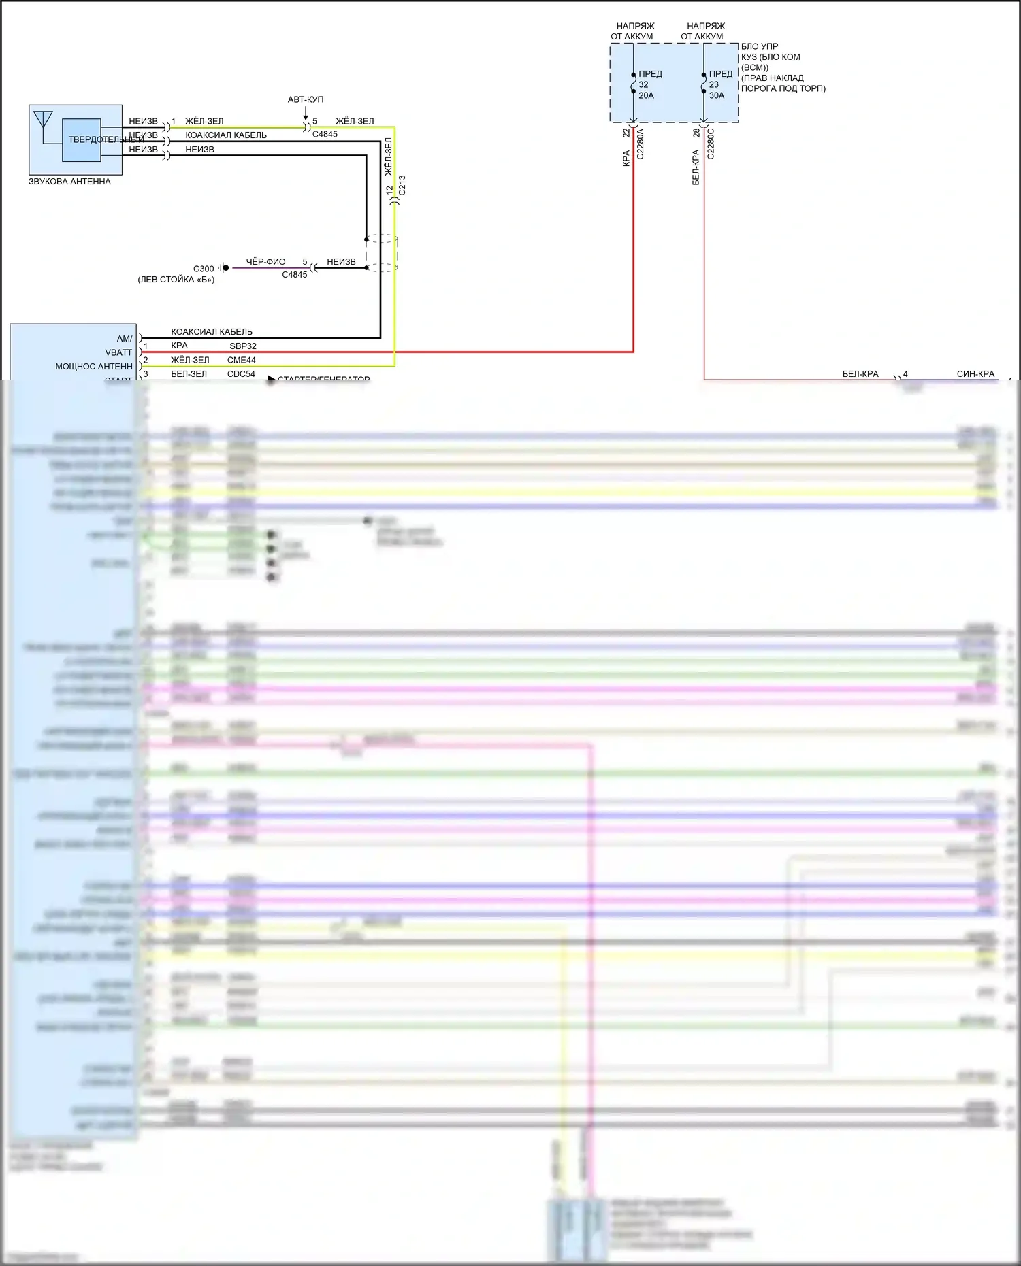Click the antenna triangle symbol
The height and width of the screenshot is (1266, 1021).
(43, 119)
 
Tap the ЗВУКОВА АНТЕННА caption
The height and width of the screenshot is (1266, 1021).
(69, 182)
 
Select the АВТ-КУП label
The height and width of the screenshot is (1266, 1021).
(306, 99)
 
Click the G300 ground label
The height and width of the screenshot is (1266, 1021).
(204, 269)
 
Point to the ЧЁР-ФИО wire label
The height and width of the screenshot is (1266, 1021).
(265, 262)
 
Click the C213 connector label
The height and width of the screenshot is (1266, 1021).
(402, 185)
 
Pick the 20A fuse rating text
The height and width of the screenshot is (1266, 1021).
(646, 96)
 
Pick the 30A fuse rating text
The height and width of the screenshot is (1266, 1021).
(717, 96)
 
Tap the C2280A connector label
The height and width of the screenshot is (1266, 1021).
(640, 144)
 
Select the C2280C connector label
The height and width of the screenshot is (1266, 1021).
(711, 144)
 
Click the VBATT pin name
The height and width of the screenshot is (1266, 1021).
(118, 352)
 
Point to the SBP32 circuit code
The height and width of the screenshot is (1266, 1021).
(242, 346)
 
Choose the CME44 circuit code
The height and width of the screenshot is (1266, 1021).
(242, 360)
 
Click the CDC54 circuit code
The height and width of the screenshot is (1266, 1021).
(241, 374)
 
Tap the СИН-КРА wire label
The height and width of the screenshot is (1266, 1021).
(975, 374)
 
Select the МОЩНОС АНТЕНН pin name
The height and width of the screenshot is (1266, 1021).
(94, 367)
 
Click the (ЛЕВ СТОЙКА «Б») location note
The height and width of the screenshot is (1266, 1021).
(176, 280)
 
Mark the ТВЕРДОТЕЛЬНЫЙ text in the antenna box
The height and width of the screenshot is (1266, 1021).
(102, 139)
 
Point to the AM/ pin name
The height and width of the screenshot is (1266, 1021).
(125, 339)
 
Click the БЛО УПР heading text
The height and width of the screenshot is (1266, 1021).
(760, 47)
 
